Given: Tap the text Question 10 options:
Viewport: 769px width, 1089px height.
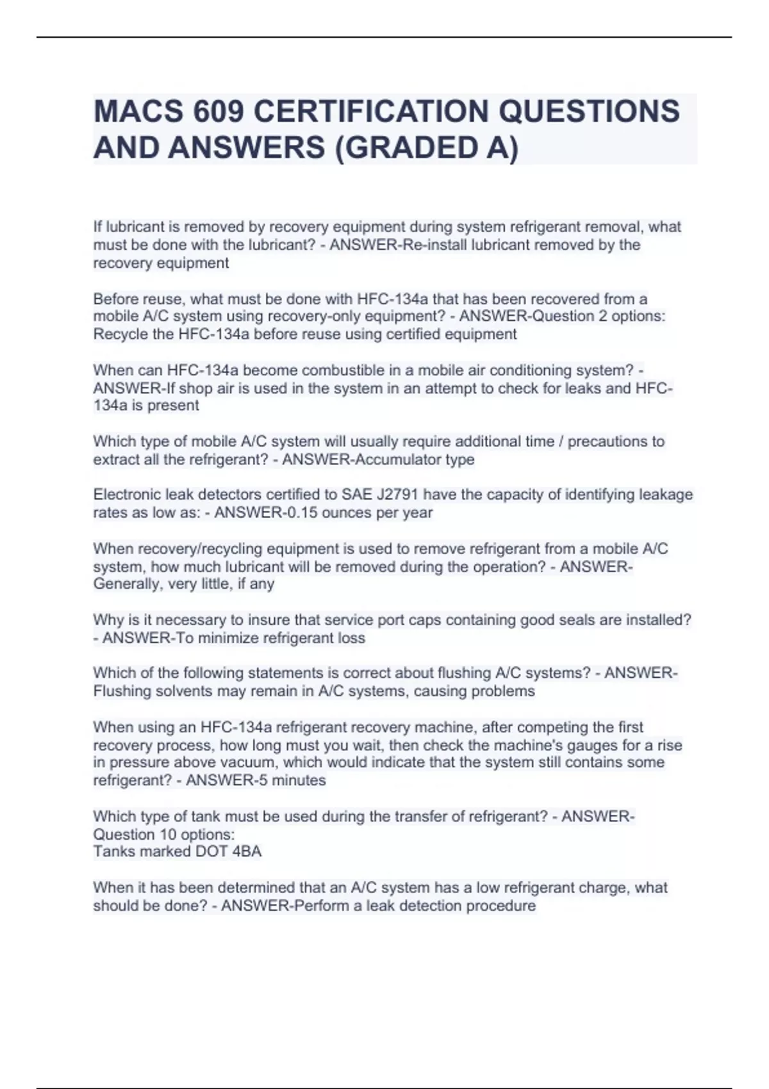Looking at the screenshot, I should point(164,834).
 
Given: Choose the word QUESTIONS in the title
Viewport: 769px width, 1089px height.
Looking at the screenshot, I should point(588,111).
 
